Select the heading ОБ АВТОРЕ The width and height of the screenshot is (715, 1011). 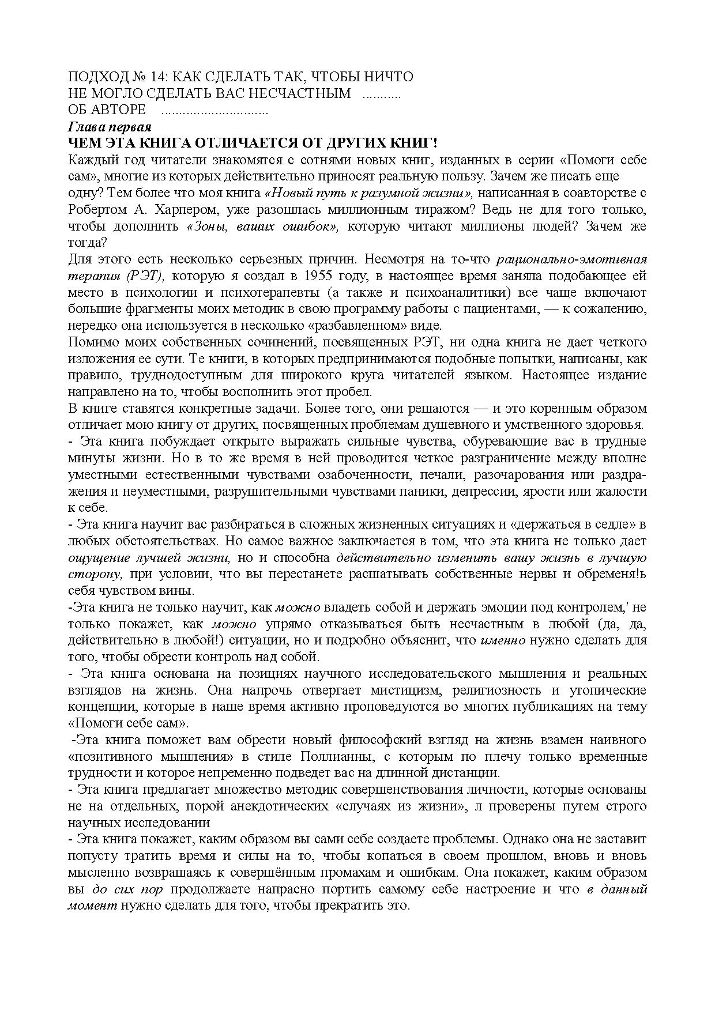click(x=107, y=110)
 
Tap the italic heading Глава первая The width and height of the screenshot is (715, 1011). click(x=109, y=126)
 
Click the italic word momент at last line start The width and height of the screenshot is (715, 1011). click(x=92, y=906)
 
